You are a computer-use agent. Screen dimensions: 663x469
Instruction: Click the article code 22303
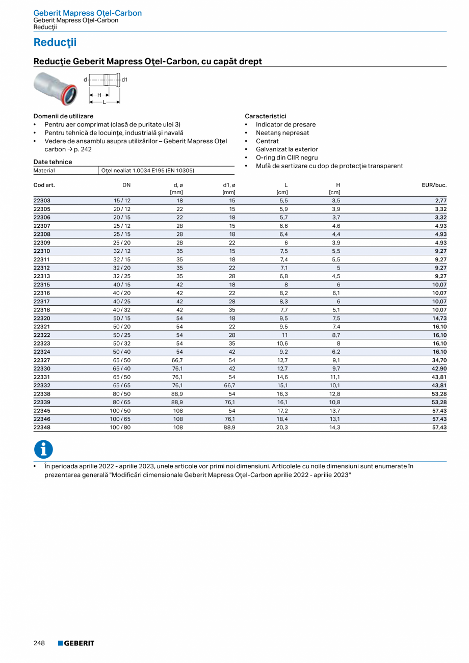(x=42, y=201)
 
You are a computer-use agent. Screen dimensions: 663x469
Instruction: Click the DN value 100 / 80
(x=121, y=428)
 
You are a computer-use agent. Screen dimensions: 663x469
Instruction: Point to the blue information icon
(x=43, y=449)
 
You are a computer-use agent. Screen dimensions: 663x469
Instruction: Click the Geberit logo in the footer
(x=76, y=643)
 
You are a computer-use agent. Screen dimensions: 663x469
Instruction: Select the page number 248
(x=39, y=643)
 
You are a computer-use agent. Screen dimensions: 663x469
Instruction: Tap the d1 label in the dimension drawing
(x=124, y=79)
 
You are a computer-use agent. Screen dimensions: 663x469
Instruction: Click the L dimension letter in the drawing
(x=104, y=102)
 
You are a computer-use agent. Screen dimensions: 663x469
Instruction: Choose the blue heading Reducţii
(x=55, y=42)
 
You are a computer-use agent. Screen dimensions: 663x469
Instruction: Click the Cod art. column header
(x=44, y=185)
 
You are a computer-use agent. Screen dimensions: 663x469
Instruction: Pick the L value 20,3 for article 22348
(x=282, y=428)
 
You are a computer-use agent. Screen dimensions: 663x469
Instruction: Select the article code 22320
(x=42, y=319)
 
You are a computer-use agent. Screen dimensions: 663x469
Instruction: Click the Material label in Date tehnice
(x=44, y=171)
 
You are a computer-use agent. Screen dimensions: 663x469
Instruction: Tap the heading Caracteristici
(x=265, y=116)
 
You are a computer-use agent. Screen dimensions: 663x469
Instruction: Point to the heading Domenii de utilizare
(x=63, y=116)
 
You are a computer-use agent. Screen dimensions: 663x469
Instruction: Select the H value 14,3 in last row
(x=335, y=428)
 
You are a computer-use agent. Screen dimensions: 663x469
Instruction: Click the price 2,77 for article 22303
(x=440, y=201)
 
